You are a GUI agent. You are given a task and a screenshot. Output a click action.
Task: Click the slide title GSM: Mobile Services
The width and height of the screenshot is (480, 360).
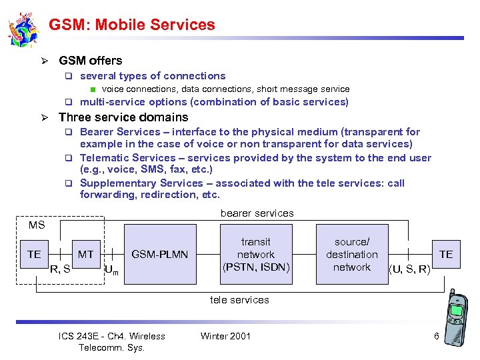click(x=132, y=25)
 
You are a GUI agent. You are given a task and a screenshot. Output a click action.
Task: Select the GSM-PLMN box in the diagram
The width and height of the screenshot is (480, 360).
click(x=160, y=254)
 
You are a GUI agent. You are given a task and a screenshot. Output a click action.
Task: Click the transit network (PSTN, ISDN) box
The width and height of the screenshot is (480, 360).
click(x=256, y=254)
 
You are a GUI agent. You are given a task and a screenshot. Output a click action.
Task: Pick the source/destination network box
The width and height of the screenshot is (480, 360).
click(x=352, y=254)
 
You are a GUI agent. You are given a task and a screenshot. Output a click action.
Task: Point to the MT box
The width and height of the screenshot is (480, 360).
click(x=86, y=254)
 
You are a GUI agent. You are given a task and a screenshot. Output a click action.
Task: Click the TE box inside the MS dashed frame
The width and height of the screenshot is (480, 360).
click(x=34, y=254)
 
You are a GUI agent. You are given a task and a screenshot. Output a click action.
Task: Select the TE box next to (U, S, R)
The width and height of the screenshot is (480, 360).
click(x=446, y=254)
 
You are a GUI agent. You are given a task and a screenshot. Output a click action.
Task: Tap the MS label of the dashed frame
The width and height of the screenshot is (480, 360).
click(x=37, y=225)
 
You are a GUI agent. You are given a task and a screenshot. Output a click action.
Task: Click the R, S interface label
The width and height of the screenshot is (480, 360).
click(x=61, y=269)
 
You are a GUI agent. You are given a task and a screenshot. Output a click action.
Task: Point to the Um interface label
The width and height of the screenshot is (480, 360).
click(x=111, y=271)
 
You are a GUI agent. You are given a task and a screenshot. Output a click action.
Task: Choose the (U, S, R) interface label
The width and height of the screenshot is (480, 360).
click(x=409, y=269)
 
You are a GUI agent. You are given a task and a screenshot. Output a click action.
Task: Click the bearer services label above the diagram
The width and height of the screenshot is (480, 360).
click(x=257, y=213)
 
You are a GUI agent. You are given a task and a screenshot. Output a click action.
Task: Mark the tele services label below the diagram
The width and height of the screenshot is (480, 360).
click(x=239, y=300)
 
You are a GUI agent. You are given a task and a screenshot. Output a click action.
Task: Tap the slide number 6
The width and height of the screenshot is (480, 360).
click(x=437, y=336)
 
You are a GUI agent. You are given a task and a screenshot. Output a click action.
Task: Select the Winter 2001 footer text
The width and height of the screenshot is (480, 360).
click(x=225, y=336)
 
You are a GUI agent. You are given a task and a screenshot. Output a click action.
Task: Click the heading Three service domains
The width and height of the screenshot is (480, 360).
click(x=123, y=117)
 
